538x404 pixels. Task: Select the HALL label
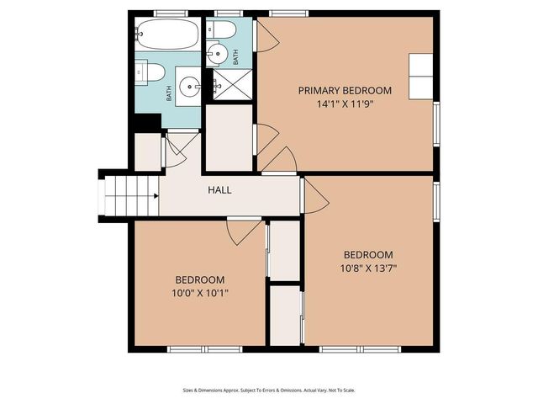point(219,190)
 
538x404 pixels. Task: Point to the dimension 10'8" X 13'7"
point(367,269)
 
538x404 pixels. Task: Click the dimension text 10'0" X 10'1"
point(199,294)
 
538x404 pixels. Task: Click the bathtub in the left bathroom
point(166,35)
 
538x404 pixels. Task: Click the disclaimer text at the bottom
point(269,390)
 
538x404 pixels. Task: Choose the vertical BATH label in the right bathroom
point(236,57)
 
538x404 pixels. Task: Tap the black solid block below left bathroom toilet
point(148,122)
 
